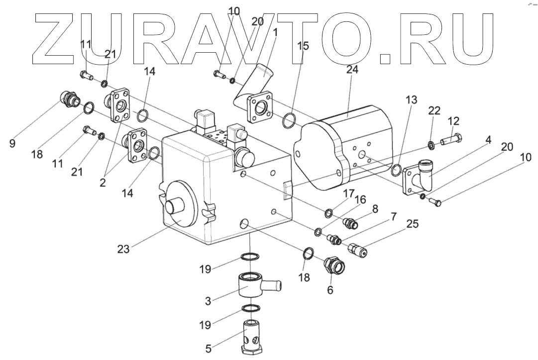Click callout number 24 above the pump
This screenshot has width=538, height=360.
[352, 70]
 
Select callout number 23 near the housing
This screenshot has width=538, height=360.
[124, 249]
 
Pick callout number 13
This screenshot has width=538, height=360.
[411, 100]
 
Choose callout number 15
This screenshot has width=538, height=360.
[303, 46]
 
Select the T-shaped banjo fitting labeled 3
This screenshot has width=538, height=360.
[257, 286]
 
